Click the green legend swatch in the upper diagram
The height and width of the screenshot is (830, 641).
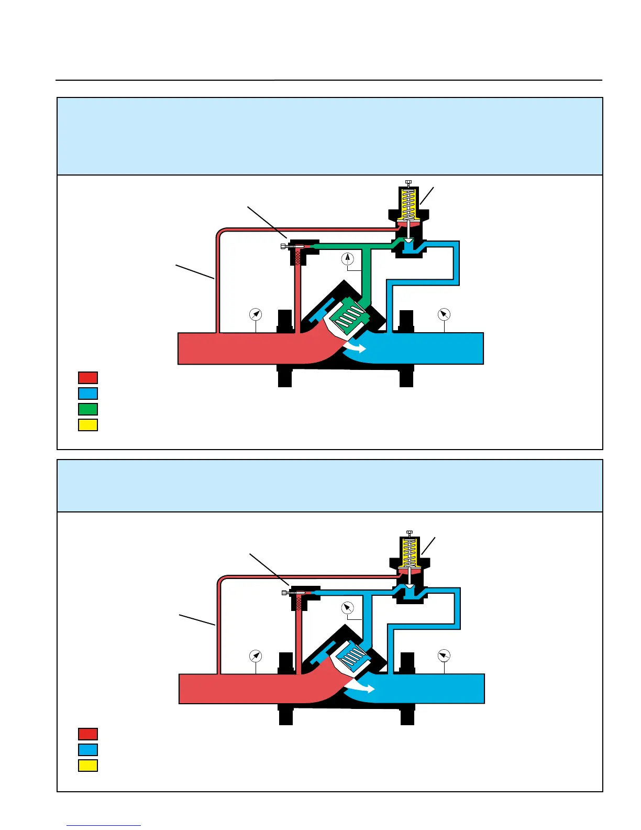(x=88, y=409)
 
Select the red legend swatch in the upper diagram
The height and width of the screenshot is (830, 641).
(x=88, y=377)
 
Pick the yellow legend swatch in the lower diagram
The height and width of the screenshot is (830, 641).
(x=88, y=766)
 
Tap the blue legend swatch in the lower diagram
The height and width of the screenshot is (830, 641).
(x=88, y=750)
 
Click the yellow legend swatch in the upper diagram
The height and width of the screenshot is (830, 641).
(x=88, y=424)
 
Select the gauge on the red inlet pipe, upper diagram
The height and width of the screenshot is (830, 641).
(x=255, y=314)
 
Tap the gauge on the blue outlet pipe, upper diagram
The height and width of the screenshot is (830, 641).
(x=444, y=314)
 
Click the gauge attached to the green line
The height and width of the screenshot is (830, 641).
(x=348, y=259)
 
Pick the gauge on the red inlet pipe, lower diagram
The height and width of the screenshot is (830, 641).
(x=255, y=656)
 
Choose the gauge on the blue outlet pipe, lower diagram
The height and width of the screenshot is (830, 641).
(x=444, y=656)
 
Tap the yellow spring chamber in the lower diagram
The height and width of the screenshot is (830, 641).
(x=410, y=553)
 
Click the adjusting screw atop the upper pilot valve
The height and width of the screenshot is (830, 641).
(x=408, y=182)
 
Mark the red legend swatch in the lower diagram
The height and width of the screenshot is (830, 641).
(x=88, y=734)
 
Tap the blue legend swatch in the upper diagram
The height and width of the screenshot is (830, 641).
(x=88, y=393)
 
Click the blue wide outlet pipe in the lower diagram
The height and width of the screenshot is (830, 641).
(x=435, y=689)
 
